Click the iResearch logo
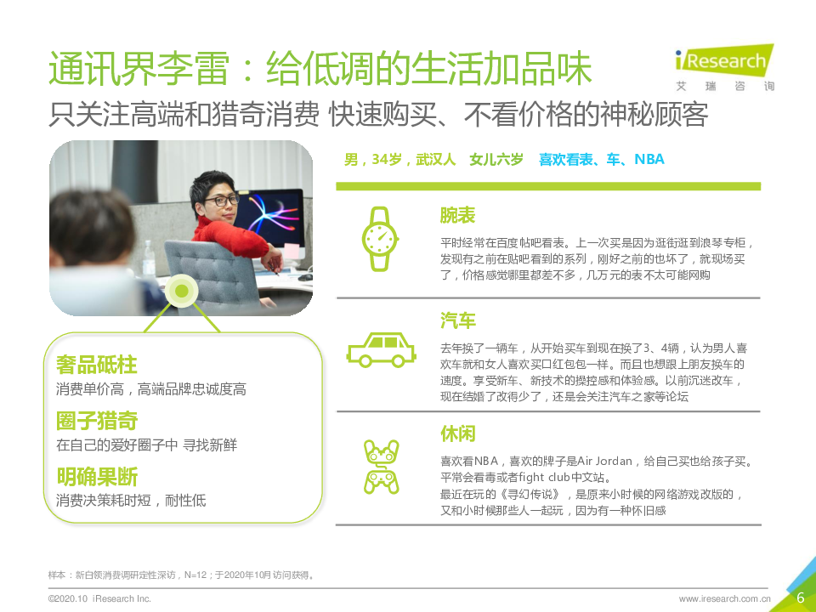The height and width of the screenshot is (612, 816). [724, 67]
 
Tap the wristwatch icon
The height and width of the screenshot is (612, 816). [381, 239]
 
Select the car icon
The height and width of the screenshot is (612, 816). [381, 349]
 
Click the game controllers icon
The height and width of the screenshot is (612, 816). [381, 467]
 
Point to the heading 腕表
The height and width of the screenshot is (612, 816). [457, 215]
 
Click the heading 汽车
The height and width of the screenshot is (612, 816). [458, 320]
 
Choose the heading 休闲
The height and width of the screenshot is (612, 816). [458, 433]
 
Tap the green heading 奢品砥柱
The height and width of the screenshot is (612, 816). [97, 365]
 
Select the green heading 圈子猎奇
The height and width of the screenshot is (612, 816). [97, 421]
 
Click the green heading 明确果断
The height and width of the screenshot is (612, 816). [97, 476]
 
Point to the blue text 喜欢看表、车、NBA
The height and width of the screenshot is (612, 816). [602, 159]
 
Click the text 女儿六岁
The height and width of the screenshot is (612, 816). [496, 159]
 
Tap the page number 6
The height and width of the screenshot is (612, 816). [801, 597]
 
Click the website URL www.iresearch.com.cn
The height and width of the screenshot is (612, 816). [724, 598]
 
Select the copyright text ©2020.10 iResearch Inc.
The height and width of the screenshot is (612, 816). [99, 598]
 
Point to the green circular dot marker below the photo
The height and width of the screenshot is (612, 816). [182, 291]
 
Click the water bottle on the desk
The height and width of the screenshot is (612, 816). [149, 258]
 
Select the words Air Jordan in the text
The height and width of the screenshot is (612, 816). [604, 461]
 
